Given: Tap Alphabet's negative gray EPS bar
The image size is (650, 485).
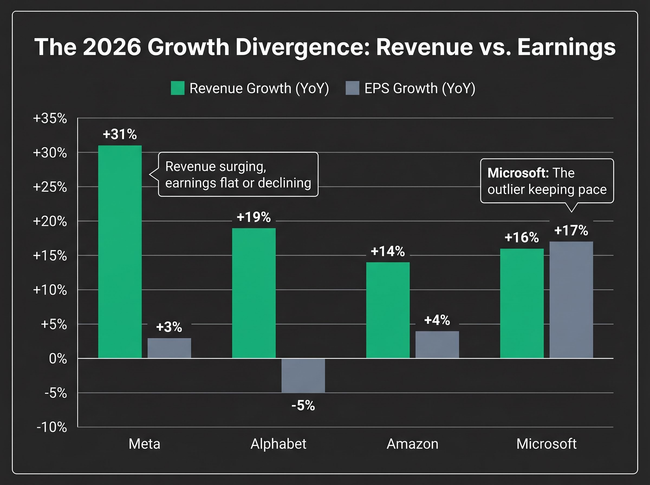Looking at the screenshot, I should coord(303,375).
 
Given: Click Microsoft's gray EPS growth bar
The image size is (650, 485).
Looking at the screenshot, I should coord(571,300).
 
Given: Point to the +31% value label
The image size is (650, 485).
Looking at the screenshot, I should coord(120,135).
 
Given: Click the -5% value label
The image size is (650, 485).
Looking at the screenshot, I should coord(303,405).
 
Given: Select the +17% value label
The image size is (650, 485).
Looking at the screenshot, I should coord(571,231).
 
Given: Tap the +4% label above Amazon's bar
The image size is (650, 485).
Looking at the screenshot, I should coord(437,320).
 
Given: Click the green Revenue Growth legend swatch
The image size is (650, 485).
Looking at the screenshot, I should coord(177,88).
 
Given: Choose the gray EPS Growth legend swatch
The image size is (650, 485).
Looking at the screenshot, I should coord(352,88).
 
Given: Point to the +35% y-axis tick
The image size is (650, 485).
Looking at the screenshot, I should coord(50,118).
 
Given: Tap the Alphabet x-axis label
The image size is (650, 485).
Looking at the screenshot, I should coord(278,444).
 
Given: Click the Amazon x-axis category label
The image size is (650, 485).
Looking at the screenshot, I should coord(412,444).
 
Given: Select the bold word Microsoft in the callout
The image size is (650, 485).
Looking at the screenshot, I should coord(518,173).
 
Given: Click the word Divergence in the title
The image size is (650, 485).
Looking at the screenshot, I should coord(302,47).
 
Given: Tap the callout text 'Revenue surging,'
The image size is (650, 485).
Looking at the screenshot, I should coord(216,166).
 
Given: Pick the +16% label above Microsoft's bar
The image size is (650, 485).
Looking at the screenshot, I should coord(522,238).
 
